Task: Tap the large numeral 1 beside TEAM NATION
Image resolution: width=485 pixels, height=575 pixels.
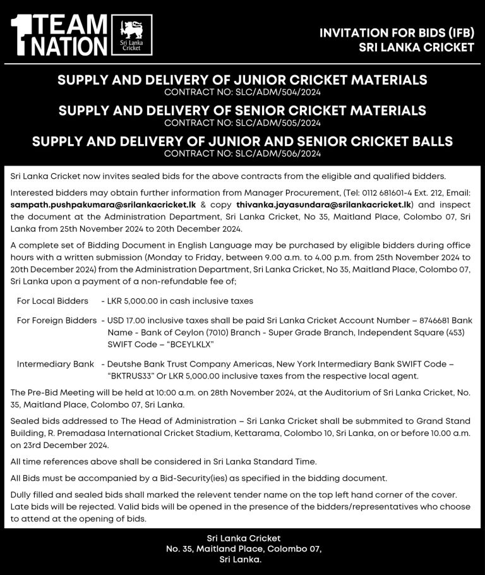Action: [x=23, y=36]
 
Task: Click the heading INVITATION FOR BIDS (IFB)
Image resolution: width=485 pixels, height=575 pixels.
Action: [x=397, y=33]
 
